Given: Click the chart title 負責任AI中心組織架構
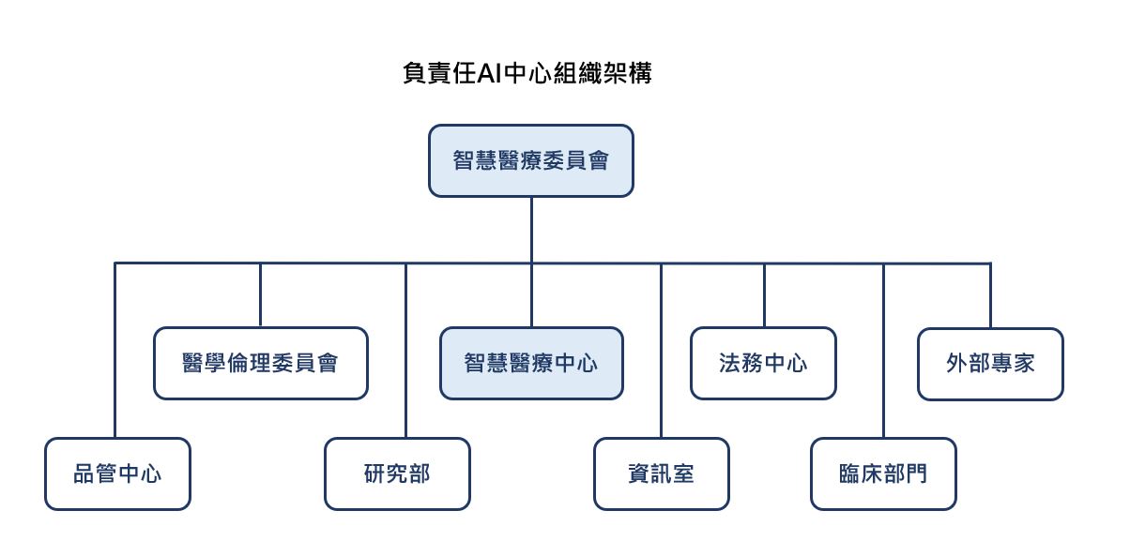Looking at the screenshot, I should [x=527, y=74].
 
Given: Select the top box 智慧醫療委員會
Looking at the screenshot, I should [x=530, y=161].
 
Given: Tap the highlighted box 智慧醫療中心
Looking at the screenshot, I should [x=530, y=363].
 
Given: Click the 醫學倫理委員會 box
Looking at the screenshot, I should [x=260, y=363].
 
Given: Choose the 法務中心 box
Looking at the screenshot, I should [x=763, y=363].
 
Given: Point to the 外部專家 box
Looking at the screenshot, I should [x=990, y=364].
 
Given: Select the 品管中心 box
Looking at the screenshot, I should [x=117, y=473].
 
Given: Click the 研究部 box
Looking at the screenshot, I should [x=397, y=473].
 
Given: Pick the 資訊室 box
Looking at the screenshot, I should [x=661, y=473].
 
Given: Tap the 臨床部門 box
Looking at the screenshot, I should [x=883, y=473].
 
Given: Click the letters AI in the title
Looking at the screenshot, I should [x=490, y=74].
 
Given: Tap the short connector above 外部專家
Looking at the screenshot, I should [x=990, y=295].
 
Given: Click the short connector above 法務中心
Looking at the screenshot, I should [x=764, y=295].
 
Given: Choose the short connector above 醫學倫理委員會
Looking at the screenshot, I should [x=260, y=295].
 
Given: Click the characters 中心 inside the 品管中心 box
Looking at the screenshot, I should [x=139, y=473].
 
